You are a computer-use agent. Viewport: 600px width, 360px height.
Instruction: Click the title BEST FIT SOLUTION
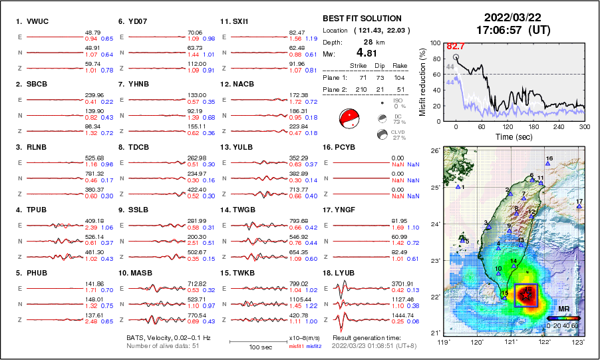[x=361, y=19]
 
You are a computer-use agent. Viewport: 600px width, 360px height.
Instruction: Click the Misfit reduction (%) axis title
[x=422, y=82]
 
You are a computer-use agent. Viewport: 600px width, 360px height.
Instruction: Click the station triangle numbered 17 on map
[x=579, y=206]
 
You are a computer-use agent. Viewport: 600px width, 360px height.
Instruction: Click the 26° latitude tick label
[x=434, y=151]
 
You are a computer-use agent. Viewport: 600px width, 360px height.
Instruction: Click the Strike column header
[x=360, y=65]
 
